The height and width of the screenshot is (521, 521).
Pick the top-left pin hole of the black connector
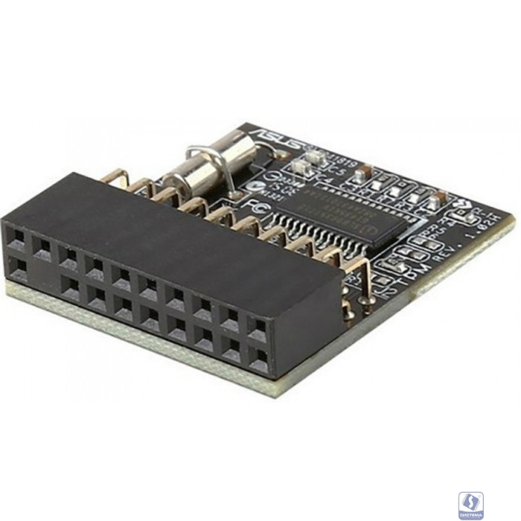[x=16, y=239]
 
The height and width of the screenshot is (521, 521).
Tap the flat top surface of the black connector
[x=149, y=223]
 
